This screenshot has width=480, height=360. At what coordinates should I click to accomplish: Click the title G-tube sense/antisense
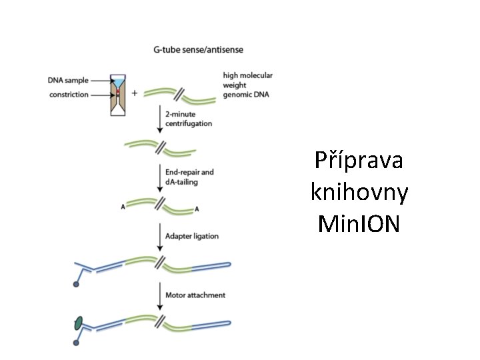click(198, 49)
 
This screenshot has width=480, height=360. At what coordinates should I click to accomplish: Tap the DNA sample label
click(68, 81)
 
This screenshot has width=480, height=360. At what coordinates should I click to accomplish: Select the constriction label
click(69, 95)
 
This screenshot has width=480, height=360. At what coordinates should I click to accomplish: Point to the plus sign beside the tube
click(135, 93)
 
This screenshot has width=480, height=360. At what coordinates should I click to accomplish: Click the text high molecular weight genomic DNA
click(248, 85)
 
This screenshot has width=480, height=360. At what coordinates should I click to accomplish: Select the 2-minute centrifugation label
click(189, 119)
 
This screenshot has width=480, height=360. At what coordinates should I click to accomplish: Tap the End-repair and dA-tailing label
click(189, 176)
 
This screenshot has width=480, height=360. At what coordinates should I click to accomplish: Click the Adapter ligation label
click(192, 236)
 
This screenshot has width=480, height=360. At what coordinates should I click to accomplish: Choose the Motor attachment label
click(195, 295)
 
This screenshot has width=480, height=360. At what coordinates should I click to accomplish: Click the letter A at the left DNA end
click(123, 207)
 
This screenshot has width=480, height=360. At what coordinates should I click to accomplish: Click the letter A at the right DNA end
click(197, 209)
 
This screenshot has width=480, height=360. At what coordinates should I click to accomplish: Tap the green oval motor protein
click(79, 323)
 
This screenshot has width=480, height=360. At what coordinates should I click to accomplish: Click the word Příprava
click(360, 162)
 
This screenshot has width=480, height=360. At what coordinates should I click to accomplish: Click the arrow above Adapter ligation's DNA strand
click(160, 235)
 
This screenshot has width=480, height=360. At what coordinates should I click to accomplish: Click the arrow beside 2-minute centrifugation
click(160, 119)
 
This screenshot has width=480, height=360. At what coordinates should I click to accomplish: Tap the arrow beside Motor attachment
click(160, 294)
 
